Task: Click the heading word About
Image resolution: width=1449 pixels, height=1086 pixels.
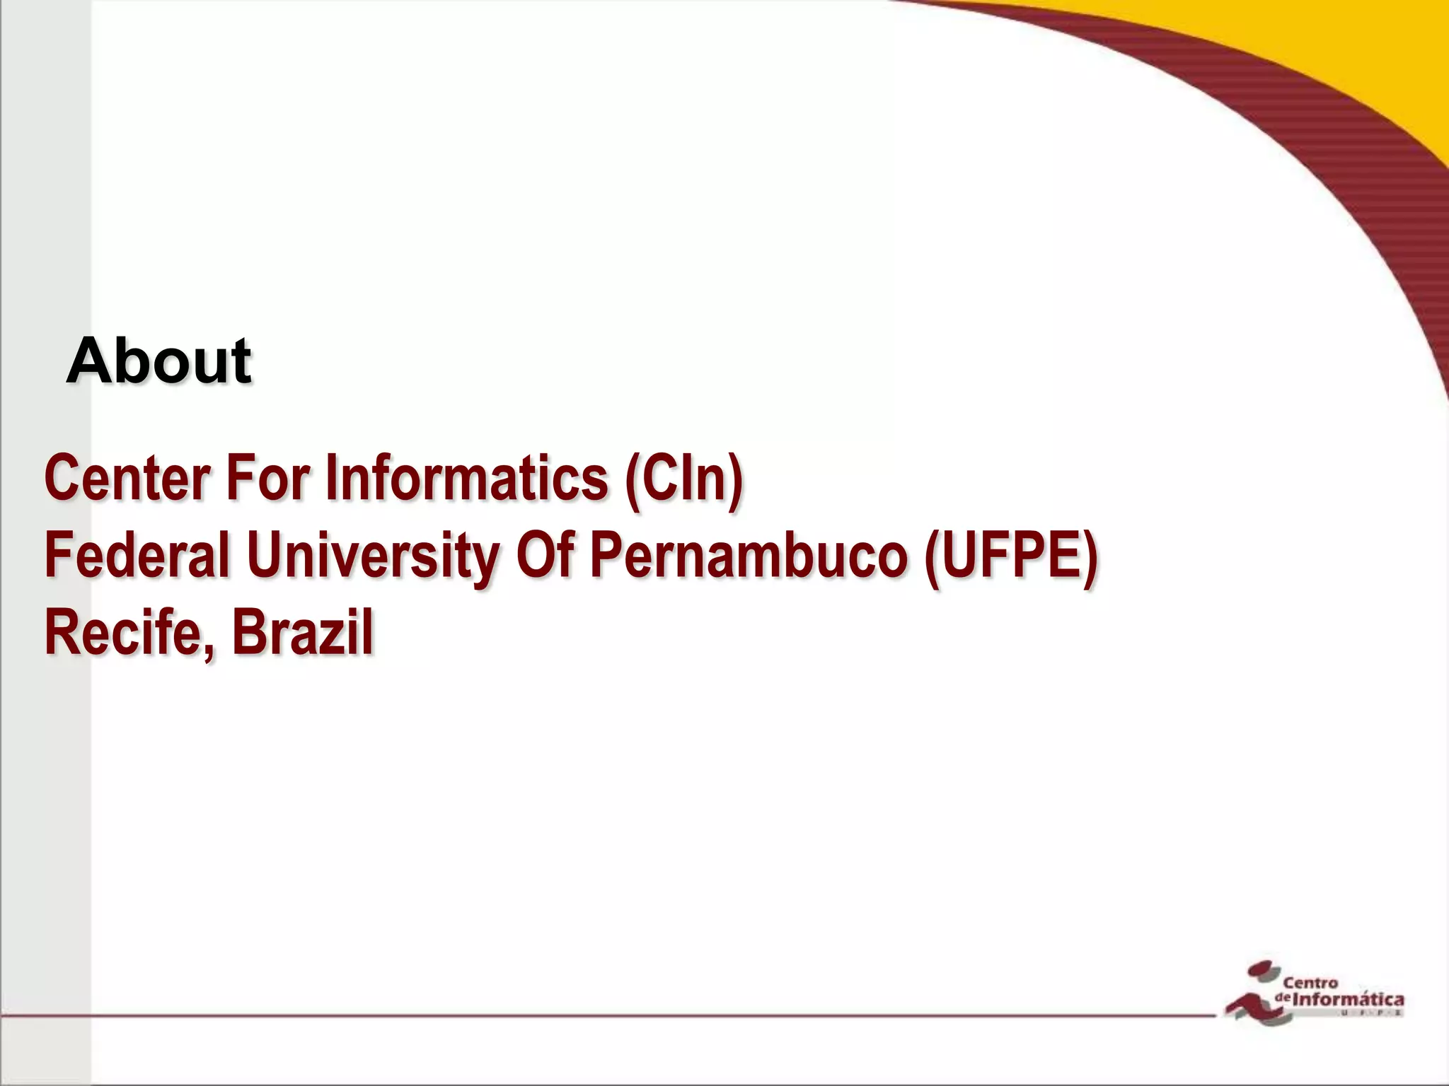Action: pyautogui.click(x=158, y=361)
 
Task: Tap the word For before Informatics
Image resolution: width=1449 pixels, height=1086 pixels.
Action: pyautogui.click(x=267, y=478)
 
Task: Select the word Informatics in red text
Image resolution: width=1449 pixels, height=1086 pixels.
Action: pyautogui.click(x=467, y=478)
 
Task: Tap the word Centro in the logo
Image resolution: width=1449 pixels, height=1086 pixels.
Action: pyautogui.click(x=1310, y=983)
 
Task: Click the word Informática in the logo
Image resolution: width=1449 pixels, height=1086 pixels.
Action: pyautogui.click(x=1348, y=1000)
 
